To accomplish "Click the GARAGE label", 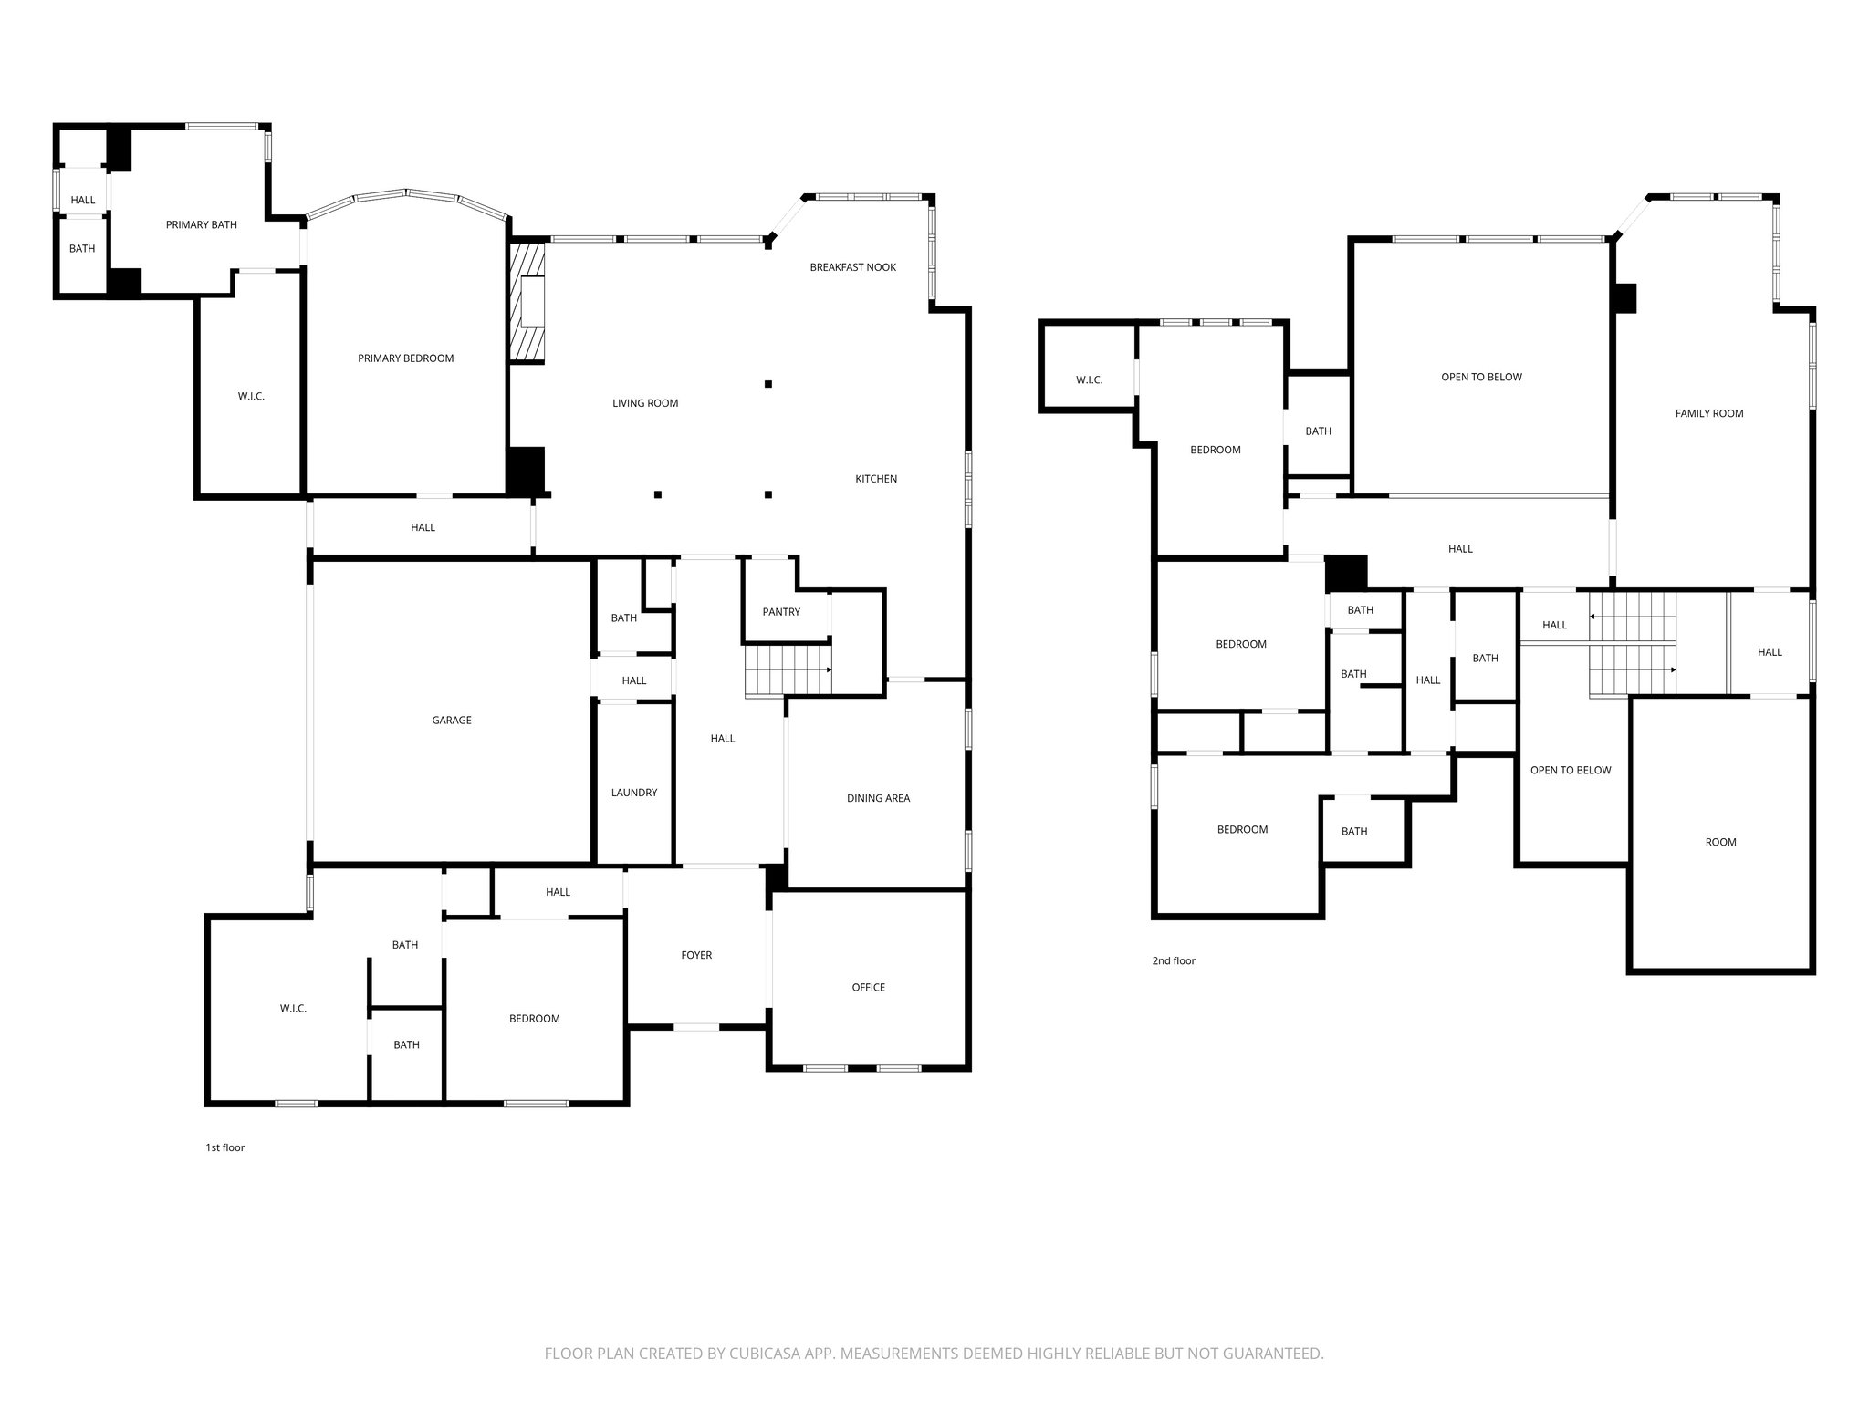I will point(452,721).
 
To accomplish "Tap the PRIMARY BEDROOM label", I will point(405,358).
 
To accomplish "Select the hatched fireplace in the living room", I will point(527,302).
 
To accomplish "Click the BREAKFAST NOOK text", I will point(852,267).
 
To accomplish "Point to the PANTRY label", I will point(781,612).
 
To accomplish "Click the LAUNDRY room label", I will point(633,793).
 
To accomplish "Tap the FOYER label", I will point(696,955).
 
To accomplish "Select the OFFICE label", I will point(868,987).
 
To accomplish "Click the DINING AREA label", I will point(878,798).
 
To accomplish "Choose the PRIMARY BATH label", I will point(201,224).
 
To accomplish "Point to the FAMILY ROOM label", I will point(1708,413).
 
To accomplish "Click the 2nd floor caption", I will point(1173,960).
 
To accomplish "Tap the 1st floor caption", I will point(224,1147).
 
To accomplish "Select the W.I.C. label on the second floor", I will point(1089,379).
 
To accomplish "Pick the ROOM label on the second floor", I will point(1720,842).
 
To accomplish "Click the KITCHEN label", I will point(875,479).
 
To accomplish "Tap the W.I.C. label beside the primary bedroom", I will point(251,396).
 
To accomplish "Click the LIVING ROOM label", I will point(644,403).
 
